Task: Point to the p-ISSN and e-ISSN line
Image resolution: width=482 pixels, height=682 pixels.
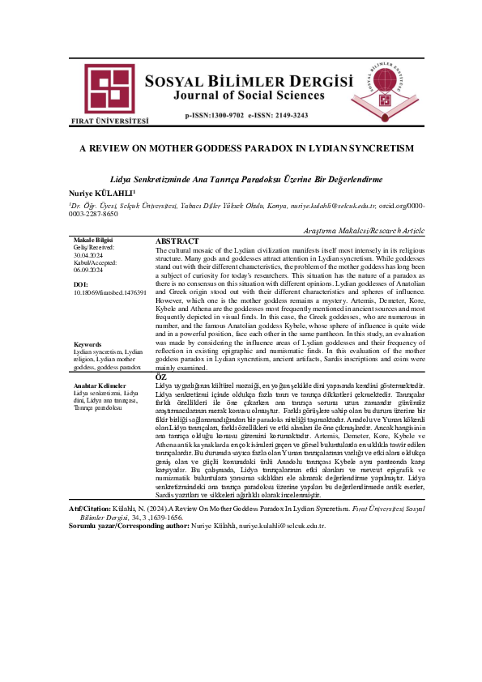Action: (x=246, y=116)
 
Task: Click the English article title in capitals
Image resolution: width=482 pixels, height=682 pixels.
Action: (x=241, y=149)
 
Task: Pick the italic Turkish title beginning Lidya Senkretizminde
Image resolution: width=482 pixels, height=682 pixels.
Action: (x=241, y=177)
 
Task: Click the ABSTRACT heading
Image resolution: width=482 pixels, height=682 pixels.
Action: (x=177, y=241)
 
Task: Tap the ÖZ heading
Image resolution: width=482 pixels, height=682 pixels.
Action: (x=160, y=377)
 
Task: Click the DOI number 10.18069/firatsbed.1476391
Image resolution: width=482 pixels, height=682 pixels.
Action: (x=109, y=292)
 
